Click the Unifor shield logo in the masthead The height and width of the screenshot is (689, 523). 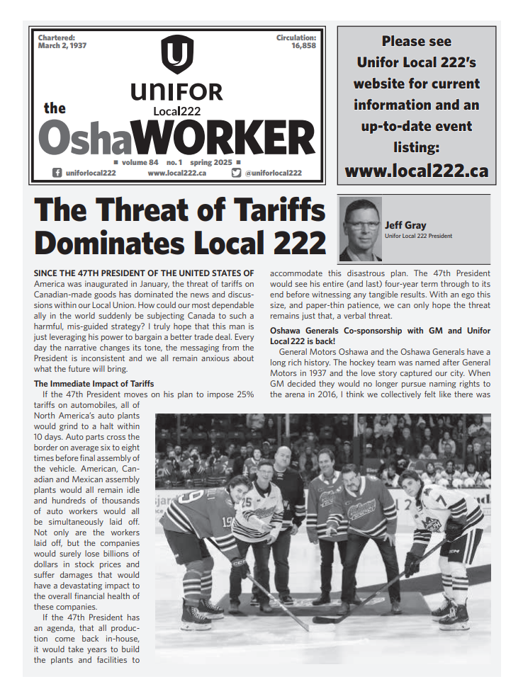click(176, 55)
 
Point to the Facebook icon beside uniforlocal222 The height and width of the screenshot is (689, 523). click(57, 173)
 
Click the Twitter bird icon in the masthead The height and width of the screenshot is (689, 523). click(236, 173)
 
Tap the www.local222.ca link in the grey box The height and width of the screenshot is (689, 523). click(416, 171)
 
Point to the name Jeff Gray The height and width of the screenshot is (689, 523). click(405, 225)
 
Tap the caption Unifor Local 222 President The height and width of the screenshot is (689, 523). click(418, 236)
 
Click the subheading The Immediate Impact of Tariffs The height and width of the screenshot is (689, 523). click(94, 384)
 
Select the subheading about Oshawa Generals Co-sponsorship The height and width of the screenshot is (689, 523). click(380, 336)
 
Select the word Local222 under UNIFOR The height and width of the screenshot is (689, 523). click(176, 111)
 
